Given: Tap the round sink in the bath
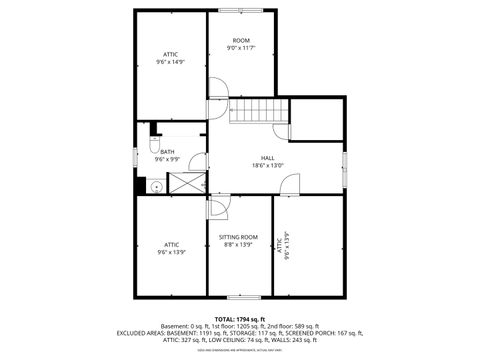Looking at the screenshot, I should click(x=157, y=185).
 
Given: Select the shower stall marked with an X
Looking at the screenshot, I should click(x=186, y=183).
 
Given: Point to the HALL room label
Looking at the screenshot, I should click(x=268, y=158).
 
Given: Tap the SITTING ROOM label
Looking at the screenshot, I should click(x=238, y=237).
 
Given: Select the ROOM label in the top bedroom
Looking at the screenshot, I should click(x=241, y=40).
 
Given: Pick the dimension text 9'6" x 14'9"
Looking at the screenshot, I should click(x=171, y=61).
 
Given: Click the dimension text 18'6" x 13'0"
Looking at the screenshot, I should click(x=268, y=166).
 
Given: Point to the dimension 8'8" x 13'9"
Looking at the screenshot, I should click(x=238, y=245).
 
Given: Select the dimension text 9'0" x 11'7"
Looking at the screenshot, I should click(x=241, y=48).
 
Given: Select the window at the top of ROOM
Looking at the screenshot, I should click(x=241, y=11).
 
